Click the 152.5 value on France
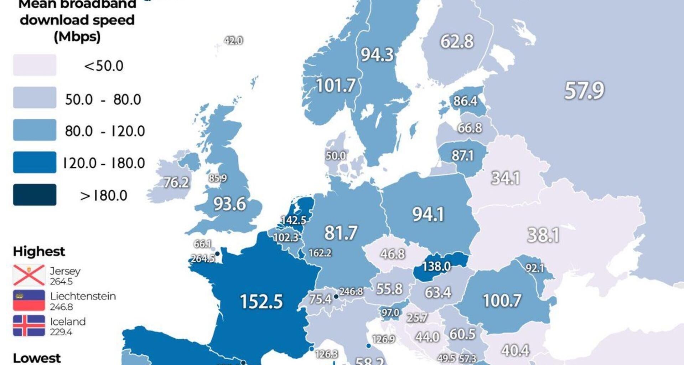[261, 302]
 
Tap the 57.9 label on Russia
[584, 90]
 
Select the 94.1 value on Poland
[428, 215]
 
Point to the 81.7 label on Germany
[340, 233]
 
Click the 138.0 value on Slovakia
[436, 266]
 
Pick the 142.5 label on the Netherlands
[294, 220]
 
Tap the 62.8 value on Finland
[457, 41]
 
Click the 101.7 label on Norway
[336, 86]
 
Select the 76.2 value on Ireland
[176, 182]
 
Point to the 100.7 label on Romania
[502, 300]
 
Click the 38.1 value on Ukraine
[543, 235]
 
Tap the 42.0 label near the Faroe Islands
[233, 41]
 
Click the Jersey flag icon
[29, 275]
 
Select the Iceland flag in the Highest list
[29, 325]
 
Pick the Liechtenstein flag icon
[29, 300]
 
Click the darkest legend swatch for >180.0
[35, 195]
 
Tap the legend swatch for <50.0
[35, 65]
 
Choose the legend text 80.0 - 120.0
[105, 131]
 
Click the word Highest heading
[39, 251]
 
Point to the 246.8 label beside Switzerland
[351, 292]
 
